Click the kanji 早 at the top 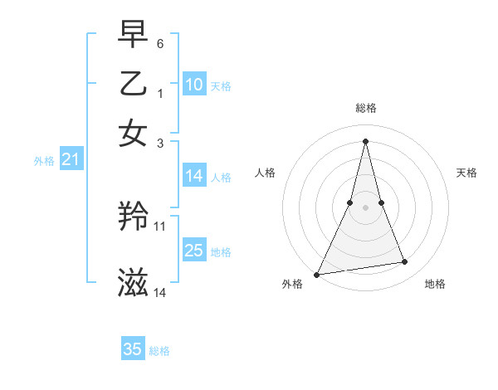(133, 35)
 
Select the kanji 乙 (133, 83)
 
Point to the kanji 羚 (133, 218)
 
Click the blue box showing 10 (194, 85)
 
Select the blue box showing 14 (194, 176)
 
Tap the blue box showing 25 (194, 251)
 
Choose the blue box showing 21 (71, 160)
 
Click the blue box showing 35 (133, 349)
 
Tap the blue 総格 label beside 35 (159, 351)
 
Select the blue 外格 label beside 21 (43, 162)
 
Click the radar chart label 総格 (365, 108)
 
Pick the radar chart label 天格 (466, 173)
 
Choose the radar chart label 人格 (265, 173)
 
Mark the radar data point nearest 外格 (317, 274)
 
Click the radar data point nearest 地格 (405, 262)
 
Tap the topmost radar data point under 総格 (365, 140)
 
